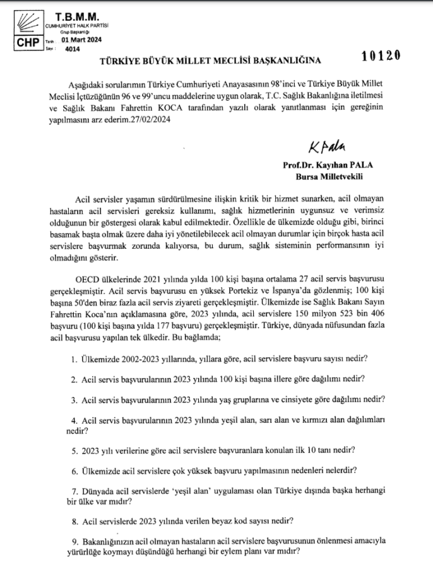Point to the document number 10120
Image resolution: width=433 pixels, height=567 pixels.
tap(381, 56)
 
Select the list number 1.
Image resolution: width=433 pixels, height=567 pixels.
tap(73, 358)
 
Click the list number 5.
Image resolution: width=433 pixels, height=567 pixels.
tap(73, 450)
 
